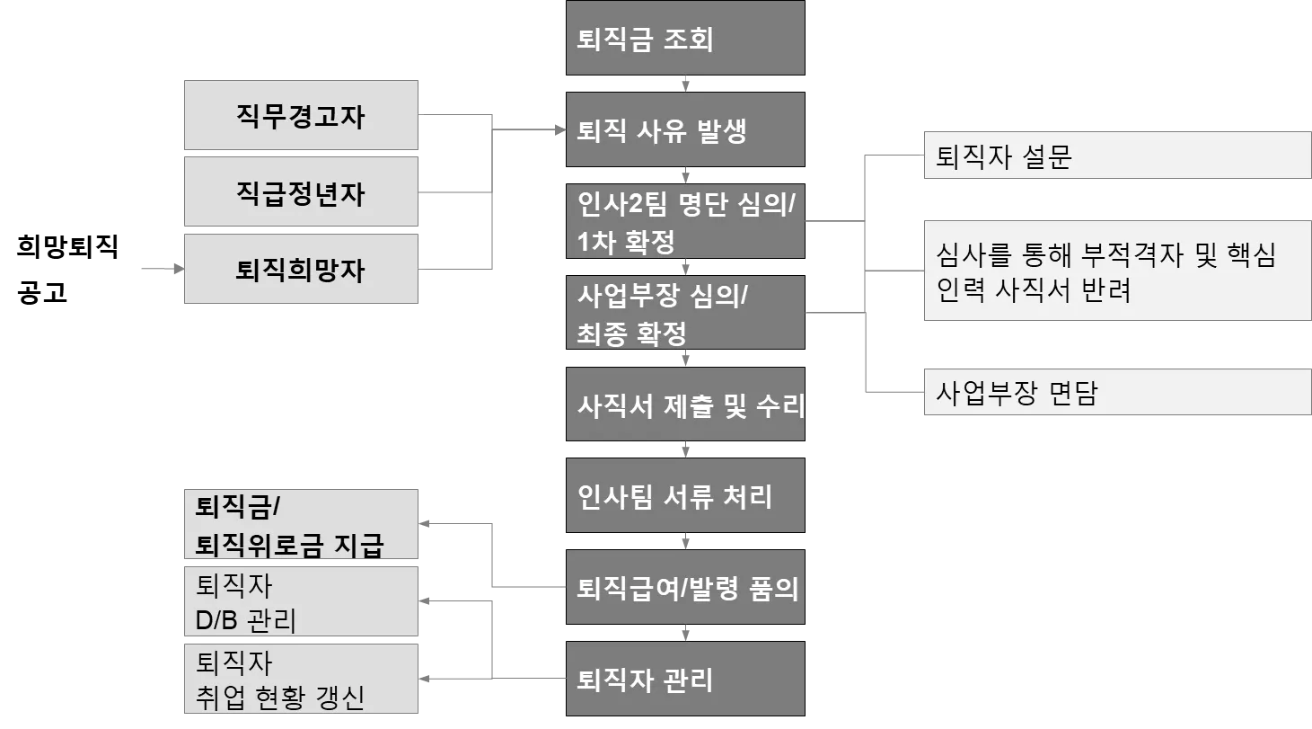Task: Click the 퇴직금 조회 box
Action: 684,40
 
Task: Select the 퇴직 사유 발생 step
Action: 684,131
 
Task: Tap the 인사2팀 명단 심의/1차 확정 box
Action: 684,222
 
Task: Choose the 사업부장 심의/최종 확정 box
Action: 684,314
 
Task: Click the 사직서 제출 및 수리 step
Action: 684,405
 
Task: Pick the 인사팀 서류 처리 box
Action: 684,496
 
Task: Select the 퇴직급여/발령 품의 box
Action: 684,588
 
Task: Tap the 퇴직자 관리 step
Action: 684,679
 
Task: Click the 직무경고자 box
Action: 301,115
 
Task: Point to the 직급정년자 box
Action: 301,192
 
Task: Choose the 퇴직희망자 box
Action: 301,269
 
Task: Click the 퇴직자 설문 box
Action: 1116,156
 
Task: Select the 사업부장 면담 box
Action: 1116,393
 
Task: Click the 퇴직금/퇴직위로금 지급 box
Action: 301,526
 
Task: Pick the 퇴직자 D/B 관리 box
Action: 301,602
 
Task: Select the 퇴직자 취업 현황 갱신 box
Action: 301,680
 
